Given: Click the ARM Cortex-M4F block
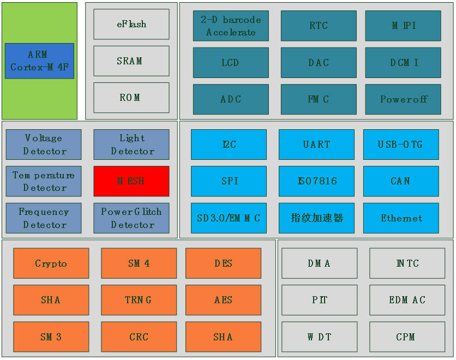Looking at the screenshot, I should coord(39,61).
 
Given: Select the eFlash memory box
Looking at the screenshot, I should coord(131,24).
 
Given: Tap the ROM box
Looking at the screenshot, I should coord(131,98).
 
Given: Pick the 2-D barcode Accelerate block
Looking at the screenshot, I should coord(231,26).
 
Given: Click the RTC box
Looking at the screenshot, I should coord(319,26).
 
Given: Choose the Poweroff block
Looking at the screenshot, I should coord(403,99).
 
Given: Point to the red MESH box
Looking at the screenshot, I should coord(131,181).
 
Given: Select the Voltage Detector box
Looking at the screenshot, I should coord(44,145).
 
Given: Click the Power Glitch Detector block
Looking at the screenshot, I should coord(131,218).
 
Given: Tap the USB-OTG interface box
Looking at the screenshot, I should coord(401,145).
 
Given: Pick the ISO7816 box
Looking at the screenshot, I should coord(316,181).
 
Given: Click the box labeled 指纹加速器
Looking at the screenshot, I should coord(316,218).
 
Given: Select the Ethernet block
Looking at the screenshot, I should coord(401,218).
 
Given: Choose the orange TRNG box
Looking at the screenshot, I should coord(139,300).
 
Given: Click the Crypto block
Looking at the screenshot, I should coord(51,263).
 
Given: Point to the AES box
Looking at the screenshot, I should coord(223,300).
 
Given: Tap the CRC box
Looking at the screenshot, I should coord(139,337).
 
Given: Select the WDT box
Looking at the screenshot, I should coord(319,337).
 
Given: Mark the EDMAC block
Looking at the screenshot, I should coord(407,300).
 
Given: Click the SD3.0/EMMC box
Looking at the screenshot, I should coord(229,218).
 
